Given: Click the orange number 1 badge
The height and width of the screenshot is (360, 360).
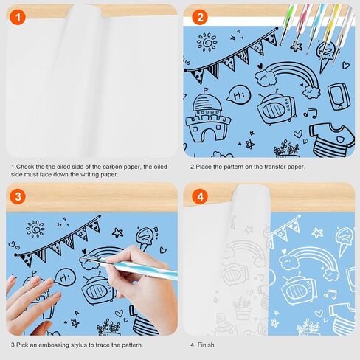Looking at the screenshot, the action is click(x=18, y=18).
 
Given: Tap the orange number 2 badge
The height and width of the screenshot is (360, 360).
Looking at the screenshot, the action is click(x=200, y=18).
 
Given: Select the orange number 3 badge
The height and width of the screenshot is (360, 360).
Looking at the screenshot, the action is click(x=18, y=196).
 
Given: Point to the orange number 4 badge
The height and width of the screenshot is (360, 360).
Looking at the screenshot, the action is click(x=200, y=196).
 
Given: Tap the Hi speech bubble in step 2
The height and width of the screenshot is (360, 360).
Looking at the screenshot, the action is click(x=238, y=94).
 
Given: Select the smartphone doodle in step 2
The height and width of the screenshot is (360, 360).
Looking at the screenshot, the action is click(x=339, y=97).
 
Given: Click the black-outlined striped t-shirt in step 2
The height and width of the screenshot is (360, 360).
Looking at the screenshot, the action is click(x=331, y=139).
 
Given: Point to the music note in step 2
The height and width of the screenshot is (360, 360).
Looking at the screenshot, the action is click(x=311, y=113).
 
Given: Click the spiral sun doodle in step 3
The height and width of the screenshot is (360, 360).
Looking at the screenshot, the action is click(x=35, y=229).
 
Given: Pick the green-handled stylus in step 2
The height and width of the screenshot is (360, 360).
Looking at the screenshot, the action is click(x=286, y=25).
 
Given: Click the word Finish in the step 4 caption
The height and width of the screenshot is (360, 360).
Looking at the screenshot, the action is click(x=206, y=345).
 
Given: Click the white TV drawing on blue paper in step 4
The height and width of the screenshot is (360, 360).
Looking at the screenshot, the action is click(x=298, y=288).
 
